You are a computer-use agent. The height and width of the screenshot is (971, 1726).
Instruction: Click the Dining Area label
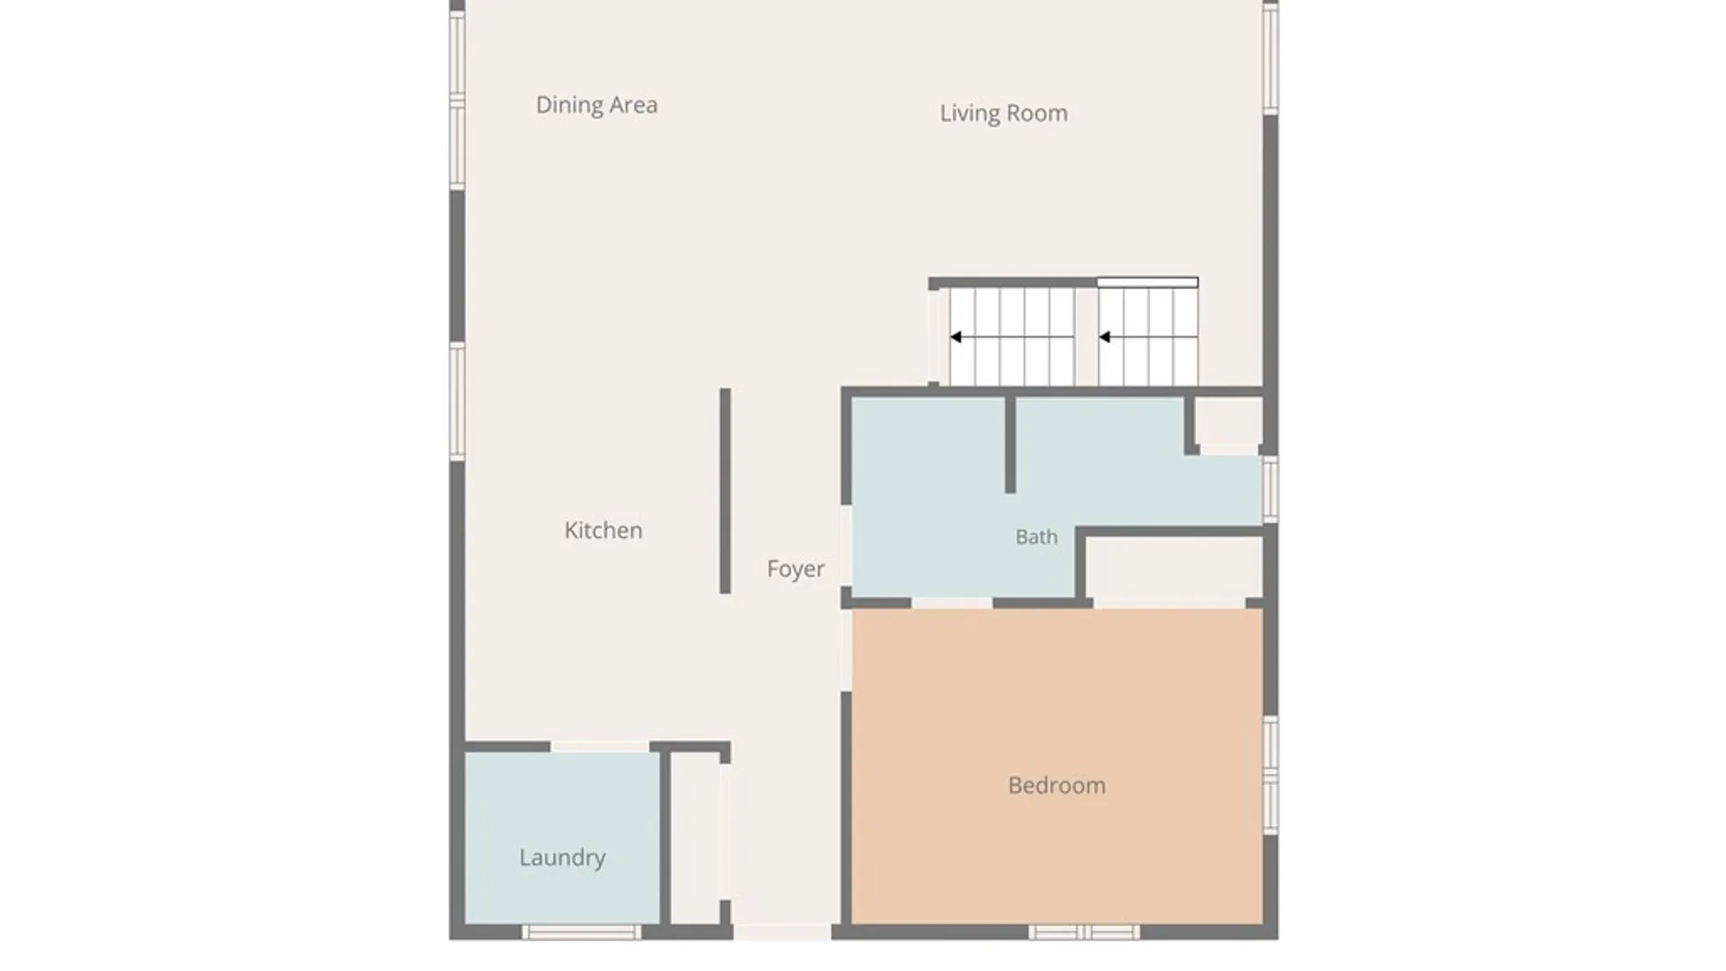coord(597,105)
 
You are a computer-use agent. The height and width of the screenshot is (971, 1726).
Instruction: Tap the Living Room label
coord(1004,113)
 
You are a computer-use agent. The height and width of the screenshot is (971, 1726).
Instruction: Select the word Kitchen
coord(603,530)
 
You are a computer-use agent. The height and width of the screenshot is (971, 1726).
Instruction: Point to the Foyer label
coord(796,569)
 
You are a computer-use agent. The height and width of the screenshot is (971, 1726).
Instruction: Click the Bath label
coord(1036,537)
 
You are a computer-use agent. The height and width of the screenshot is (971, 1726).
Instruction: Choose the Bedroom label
coord(1056,786)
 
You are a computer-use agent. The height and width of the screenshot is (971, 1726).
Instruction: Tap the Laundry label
coord(562,858)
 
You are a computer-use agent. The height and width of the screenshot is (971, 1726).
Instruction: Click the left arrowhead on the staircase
coord(956,337)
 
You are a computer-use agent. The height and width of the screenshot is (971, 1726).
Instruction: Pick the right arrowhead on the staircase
coord(1105,337)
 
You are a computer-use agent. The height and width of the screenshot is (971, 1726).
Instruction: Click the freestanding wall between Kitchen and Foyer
coord(725,491)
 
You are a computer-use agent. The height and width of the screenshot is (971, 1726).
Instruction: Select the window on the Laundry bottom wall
coord(582,932)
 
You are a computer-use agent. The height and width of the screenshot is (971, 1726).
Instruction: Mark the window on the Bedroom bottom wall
coord(1084,932)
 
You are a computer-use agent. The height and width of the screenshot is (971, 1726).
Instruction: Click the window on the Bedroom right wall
coord(1271,775)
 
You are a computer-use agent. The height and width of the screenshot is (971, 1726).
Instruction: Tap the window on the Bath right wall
coord(1271,489)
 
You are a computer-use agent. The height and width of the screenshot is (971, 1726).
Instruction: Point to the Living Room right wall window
coord(1271,58)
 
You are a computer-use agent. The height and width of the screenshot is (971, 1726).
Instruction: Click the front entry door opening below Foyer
coord(782,932)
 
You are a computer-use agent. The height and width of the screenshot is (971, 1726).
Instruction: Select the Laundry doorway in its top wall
coord(600,747)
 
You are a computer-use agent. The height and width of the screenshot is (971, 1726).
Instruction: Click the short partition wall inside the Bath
coord(1010,444)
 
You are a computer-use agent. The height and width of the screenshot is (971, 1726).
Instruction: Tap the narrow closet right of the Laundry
coord(696,838)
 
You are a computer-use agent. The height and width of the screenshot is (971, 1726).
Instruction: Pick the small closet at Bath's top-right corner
coord(1229,420)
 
